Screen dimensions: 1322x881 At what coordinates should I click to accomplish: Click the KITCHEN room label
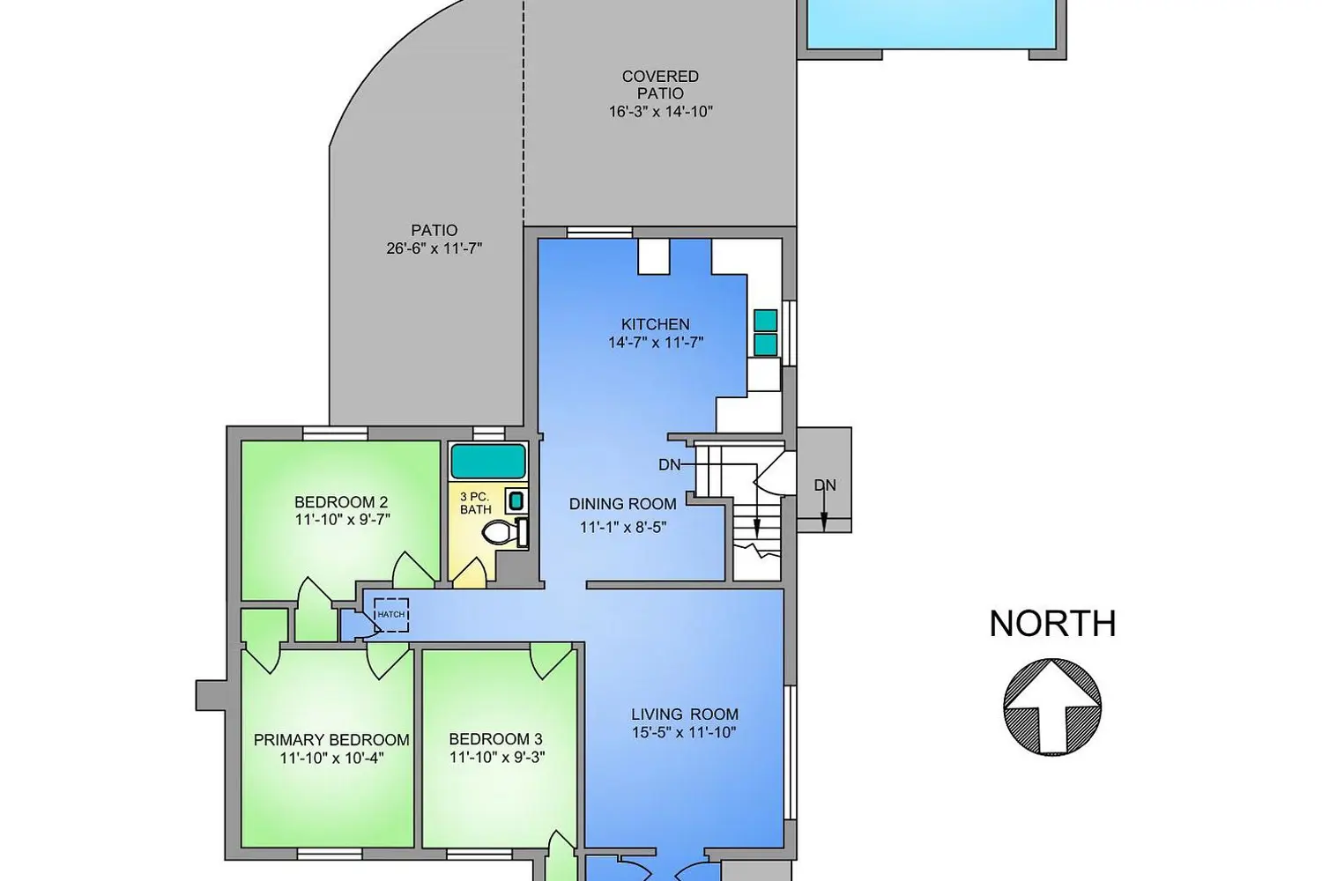click(x=655, y=324)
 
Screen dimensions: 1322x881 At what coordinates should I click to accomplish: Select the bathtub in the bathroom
click(x=488, y=461)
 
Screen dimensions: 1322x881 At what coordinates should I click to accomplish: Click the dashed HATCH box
click(x=391, y=615)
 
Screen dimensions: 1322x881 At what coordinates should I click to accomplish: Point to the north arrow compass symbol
click(x=1052, y=707)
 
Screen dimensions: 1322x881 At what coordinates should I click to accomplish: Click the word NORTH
click(x=1053, y=624)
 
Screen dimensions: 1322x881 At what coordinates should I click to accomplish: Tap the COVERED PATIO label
click(x=660, y=85)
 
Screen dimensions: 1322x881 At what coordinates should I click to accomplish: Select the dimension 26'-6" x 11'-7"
click(x=434, y=248)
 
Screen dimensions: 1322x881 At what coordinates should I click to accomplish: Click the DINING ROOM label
click(x=622, y=504)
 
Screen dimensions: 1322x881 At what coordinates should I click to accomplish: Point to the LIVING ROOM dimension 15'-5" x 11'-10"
click(x=685, y=732)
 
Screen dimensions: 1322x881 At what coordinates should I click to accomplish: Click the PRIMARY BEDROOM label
click(x=331, y=740)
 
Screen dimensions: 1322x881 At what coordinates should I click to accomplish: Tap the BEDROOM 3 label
click(x=495, y=739)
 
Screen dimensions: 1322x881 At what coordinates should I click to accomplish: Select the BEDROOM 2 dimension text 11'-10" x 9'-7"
click(x=342, y=519)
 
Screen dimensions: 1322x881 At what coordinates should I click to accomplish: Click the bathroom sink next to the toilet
click(x=516, y=501)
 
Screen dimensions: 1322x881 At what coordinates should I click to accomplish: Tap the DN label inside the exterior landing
click(x=824, y=485)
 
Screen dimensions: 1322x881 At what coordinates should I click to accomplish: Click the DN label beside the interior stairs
click(x=669, y=465)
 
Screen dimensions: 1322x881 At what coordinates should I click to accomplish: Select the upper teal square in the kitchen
click(x=766, y=321)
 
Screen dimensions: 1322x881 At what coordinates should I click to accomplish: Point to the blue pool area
click(x=931, y=24)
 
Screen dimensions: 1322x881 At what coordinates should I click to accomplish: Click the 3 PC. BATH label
click(x=475, y=503)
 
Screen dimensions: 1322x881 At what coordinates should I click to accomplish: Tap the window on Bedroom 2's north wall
click(x=335, y=433)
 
